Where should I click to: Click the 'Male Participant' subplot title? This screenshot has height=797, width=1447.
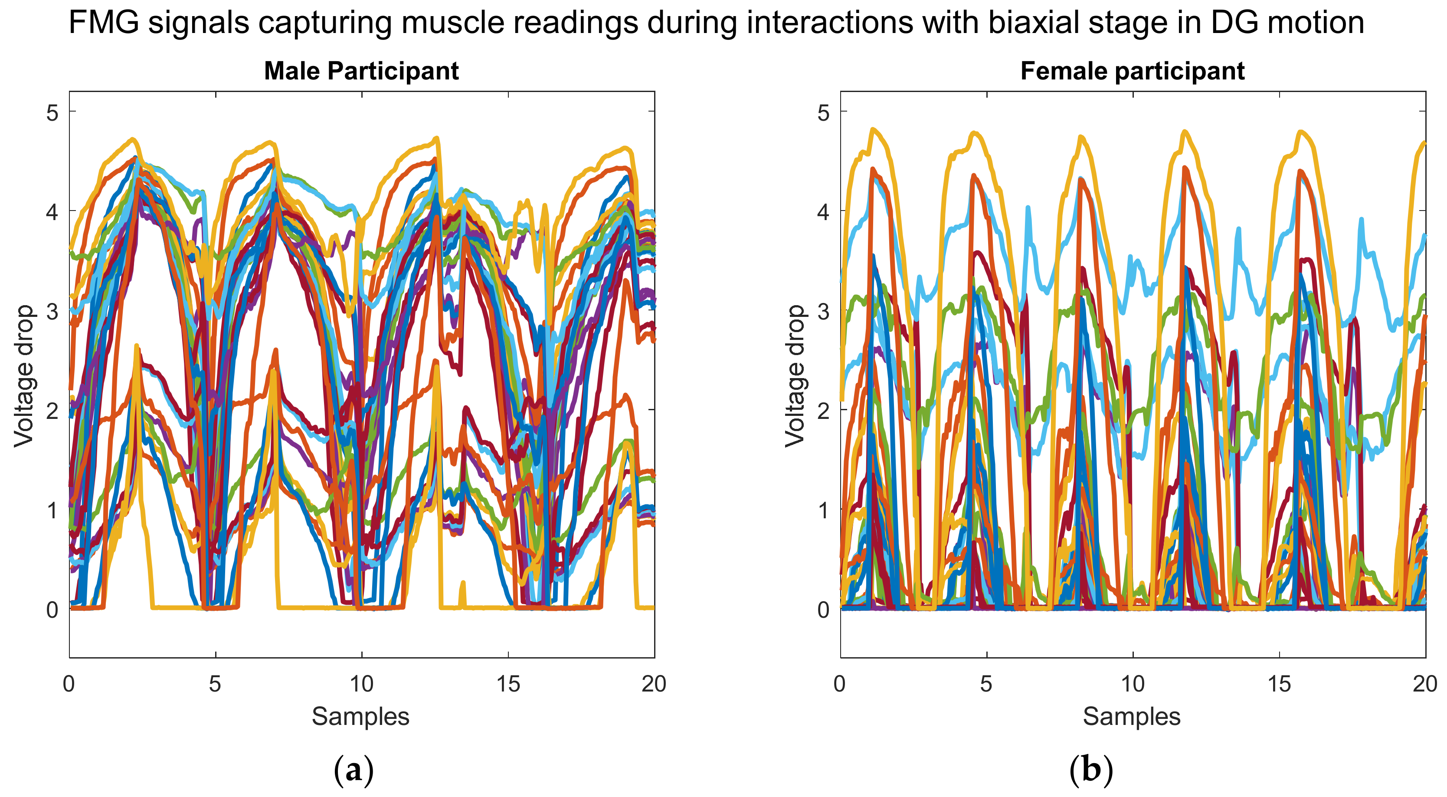[x=361, y=71]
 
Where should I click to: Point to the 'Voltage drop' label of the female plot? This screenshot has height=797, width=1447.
[x=795, y=375]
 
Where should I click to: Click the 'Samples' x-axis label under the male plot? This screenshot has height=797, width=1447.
[x=360, y=717]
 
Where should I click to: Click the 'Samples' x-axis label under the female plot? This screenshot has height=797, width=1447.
[x=1131, y=717]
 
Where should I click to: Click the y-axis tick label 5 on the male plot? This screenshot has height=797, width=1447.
[x=52, y=113]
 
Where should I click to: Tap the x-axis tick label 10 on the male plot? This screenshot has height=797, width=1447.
[x=361, y=684]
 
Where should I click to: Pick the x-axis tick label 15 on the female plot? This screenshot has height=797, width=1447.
[x=1279, y=684]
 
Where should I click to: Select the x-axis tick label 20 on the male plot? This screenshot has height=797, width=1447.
[x=654, y=684]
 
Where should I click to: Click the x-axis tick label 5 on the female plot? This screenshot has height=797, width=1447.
[x=986, y=684]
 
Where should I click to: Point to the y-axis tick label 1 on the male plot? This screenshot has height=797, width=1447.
[x=52, y=510]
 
